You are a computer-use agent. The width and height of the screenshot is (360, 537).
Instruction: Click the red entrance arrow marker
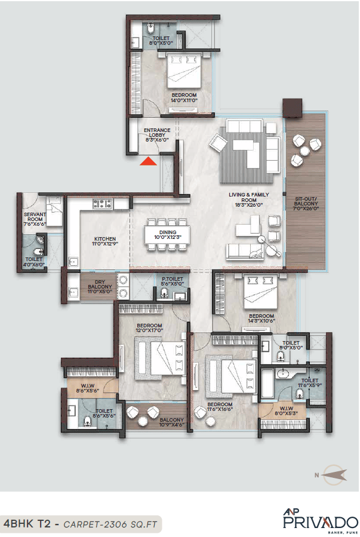pyautogui.click(x=148, y=159)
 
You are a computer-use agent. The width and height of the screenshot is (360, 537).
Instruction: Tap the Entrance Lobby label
pyautogui.click(x=157, y=134)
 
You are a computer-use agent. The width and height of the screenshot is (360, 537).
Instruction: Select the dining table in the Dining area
pyautogui.click(x=168, y=234)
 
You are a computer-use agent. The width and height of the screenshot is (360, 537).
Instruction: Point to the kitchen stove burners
pyautogui.click(x=101, y=204)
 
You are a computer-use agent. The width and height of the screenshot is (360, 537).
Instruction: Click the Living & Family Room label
pyautogui.click(x=249, y=198)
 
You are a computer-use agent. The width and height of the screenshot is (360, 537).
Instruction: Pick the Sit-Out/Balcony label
pyautogui.click(x=306, y=204)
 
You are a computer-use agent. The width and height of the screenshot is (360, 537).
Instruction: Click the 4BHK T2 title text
pyautogui.click(x=26, y=523)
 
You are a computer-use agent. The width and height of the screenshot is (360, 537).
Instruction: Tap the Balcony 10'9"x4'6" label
pyautogui.click(x=171, y=422)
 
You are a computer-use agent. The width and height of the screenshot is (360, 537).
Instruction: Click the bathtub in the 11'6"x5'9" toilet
pyautogui.click(x=268, y=383)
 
